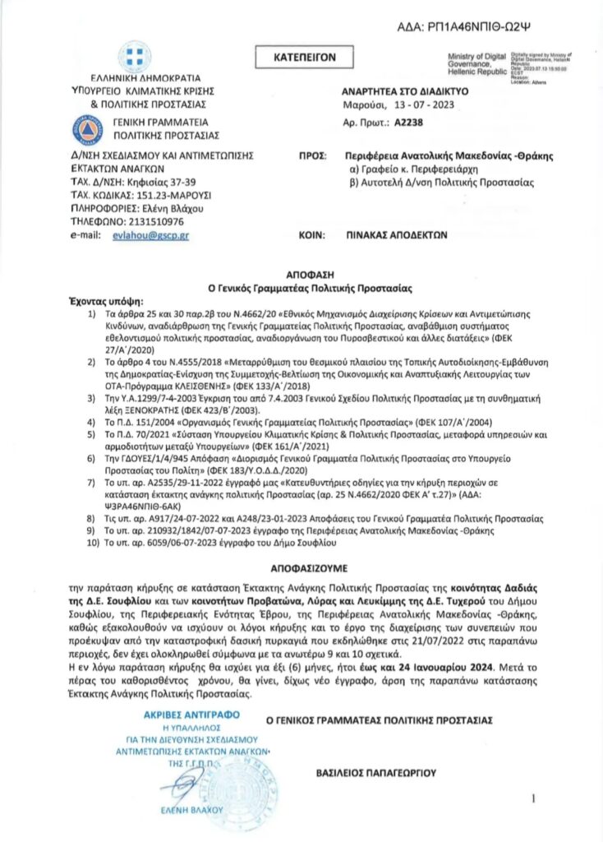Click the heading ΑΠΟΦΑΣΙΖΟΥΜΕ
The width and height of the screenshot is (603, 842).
click(301, 568)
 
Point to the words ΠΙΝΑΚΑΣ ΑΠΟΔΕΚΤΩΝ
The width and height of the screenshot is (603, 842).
click(396, 234)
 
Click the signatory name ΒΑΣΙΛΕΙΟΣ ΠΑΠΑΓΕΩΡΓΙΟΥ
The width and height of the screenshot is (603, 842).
click(376, 773)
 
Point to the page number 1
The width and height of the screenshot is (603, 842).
click(535, 798)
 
